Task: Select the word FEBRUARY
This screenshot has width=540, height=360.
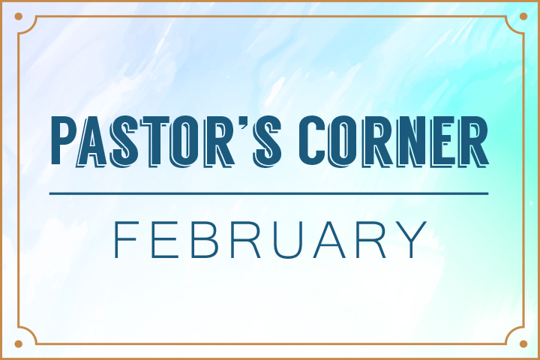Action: click(269, 238)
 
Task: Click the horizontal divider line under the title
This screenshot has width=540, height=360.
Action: click(269, 193)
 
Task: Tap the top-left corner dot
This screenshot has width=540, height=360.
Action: click(19, 17)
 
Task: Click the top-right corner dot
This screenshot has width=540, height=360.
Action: click(521, 17)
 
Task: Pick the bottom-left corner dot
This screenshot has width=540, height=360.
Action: click(19, 343)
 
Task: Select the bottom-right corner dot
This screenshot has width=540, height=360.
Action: click(521, 343)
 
